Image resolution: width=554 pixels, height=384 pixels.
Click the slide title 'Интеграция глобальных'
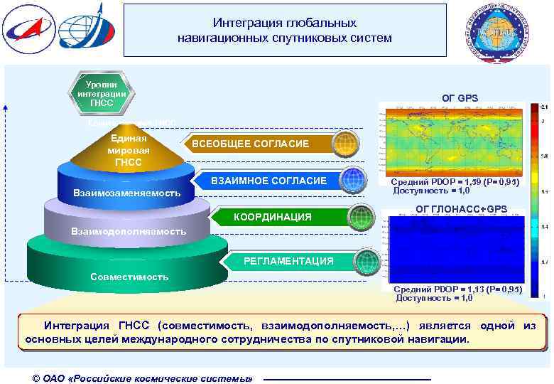[284, 23]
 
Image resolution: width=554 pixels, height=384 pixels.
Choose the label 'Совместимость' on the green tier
[129, 277]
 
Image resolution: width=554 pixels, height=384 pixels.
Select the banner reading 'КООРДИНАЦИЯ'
[273, 217]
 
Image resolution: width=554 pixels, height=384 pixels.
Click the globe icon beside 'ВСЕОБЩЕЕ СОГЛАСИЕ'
[344, 143]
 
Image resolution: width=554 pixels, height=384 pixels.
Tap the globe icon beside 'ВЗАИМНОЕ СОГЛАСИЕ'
[352, 180]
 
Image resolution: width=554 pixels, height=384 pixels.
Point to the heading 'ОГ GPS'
[460, 97]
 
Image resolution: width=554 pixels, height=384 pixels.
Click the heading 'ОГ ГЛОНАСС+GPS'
[461, 208]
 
